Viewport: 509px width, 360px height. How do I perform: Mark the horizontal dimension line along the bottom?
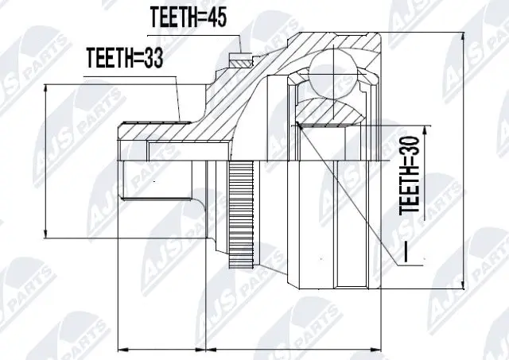coord(239,347)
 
